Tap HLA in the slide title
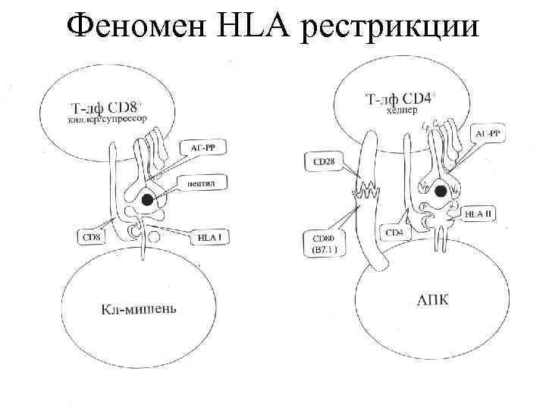pos(256,28)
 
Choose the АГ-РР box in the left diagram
pos(202,148)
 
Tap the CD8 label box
pos(91,238)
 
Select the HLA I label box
pos(209,238)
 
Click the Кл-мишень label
pos(138,308)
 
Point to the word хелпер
pos(402,111)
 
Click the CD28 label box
pos(325,161)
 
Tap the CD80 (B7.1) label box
pos(325,243)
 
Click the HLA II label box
pos(479,215)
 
